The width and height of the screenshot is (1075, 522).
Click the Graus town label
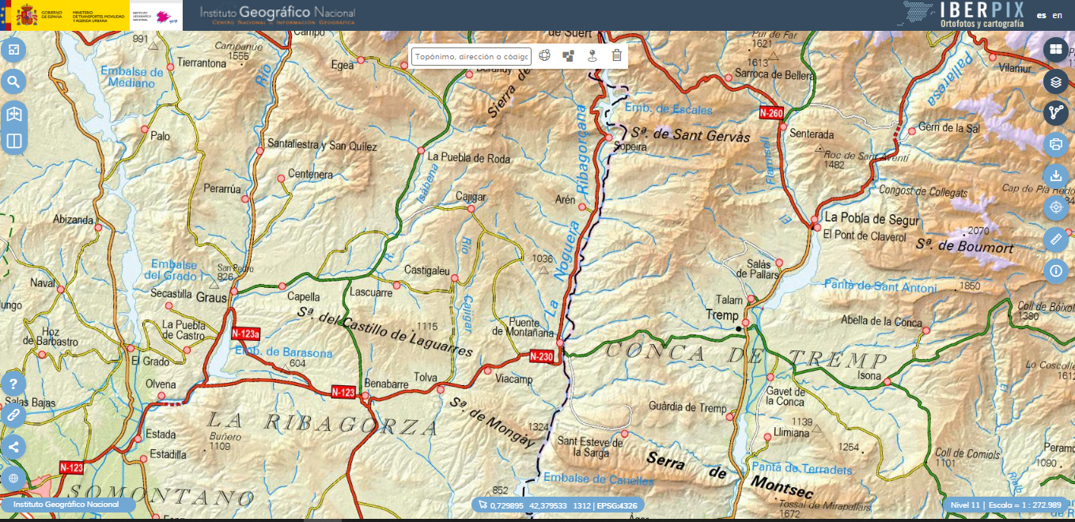(x=212, y=298)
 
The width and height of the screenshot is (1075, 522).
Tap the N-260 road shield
(x=771, y=113)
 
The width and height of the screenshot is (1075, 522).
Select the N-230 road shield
(x=542, y=356)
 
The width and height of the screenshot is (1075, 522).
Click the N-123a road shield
(x=246, y=334)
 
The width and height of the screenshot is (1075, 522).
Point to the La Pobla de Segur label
(x=872, y=219)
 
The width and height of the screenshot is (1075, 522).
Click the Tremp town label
(x=721, y=316)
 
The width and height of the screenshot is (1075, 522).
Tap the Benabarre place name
(x=387, y=384)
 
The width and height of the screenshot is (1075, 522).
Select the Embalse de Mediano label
(x=132, y=77)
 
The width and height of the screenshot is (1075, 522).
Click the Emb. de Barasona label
(x=284, y=353)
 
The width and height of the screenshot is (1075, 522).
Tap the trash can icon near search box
(x=617, y=55)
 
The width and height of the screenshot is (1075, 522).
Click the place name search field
(x=471, y=56)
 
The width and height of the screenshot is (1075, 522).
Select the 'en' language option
(x=1058, y=15)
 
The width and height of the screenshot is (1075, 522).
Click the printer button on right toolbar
(x=1055, y=144)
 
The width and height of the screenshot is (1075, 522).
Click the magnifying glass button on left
(x=13, y=81)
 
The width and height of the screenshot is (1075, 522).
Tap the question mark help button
(x=13, y=384)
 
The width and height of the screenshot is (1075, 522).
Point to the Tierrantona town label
(x=202, y=62)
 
